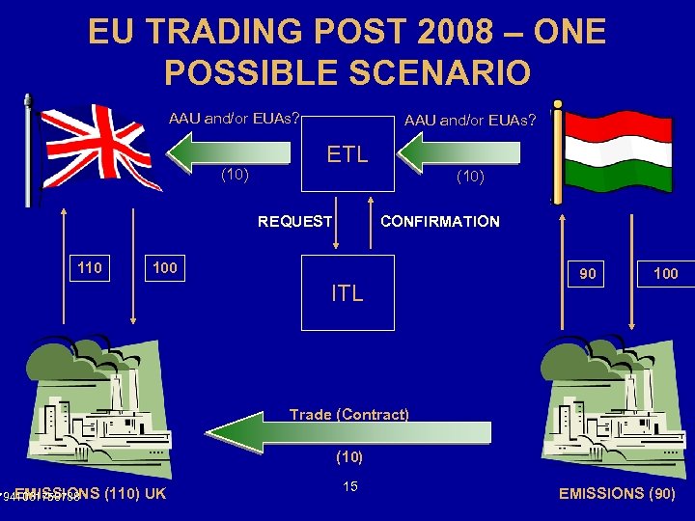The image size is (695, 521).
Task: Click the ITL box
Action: [347, 292]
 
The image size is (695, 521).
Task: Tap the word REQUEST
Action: [294, 222]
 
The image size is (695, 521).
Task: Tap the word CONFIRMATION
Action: [440, 222]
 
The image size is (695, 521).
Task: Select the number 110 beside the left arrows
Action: [90, 267]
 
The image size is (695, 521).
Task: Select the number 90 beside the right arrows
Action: [588, 274]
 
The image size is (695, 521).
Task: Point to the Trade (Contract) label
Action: [349, 415]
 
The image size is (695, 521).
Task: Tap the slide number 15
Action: [349, 486]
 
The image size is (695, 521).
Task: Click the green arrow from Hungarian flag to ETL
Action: [461, 152]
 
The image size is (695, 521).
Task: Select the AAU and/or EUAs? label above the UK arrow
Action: [234, 120]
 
